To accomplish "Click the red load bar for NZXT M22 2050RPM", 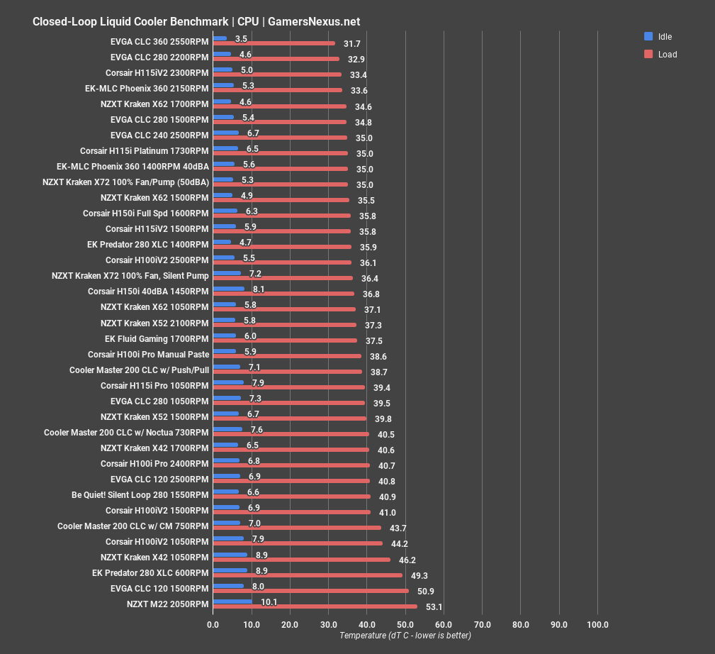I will (x=315, y=606).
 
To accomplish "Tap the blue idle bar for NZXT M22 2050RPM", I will (x=232, y=602).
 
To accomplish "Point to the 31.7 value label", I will (x=352, y=44).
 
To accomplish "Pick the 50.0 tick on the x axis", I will (x=405, y=625).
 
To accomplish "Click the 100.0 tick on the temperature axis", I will (x=597, y=625).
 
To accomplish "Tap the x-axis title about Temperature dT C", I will (x=405, y=636).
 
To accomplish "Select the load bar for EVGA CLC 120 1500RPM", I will (x=310, y=591).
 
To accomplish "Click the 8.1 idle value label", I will (x=259, y=289).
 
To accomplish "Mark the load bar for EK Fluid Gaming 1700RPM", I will (x=285, y=341).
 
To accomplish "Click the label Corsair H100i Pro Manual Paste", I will (x=148, y=355).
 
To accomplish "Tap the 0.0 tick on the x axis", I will (x=213, y=625).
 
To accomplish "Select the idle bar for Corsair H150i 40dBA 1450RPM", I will (x=228, y=289).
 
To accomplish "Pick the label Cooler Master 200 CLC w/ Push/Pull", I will (x=139, y=370).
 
